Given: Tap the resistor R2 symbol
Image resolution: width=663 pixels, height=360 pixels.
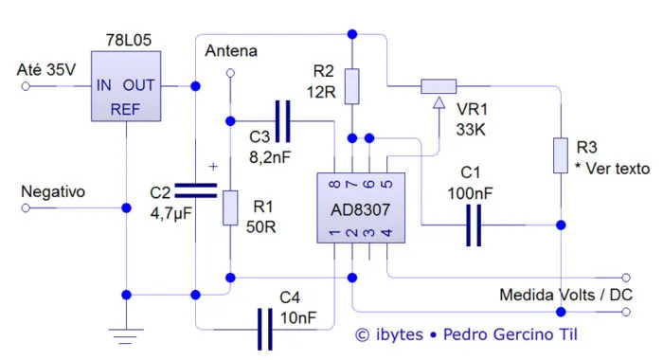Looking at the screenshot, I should [352, 85].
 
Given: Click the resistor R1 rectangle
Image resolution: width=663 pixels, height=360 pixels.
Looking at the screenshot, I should [230, 207].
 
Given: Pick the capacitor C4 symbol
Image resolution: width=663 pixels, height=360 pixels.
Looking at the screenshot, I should [265, 329].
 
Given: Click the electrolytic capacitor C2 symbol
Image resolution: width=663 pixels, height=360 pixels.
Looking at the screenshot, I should [195, 190].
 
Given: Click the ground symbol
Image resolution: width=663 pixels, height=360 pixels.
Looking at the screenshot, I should [125, 333].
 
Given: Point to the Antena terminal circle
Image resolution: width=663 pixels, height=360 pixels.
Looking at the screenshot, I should [230, 83].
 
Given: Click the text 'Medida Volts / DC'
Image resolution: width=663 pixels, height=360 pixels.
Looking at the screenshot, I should [566, 296].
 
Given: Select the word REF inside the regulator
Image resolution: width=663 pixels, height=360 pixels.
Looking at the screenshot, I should [126, 109].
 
